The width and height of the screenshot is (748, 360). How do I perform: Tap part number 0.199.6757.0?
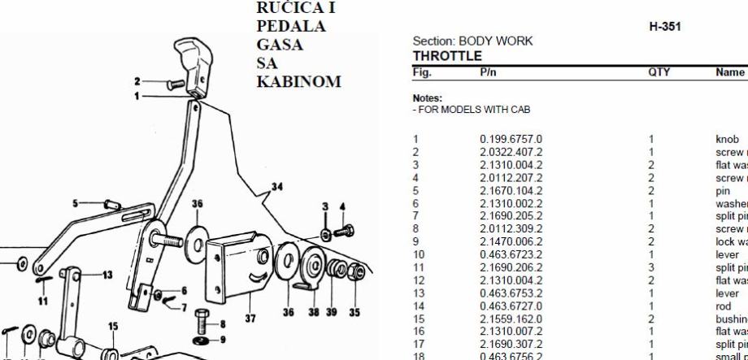click(x=511, y=139)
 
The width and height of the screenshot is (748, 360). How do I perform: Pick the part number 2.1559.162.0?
click(x=511, y=322)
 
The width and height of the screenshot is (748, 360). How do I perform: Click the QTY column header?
click(x=658, y=72)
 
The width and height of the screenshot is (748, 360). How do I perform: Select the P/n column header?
click(x=489, y=72)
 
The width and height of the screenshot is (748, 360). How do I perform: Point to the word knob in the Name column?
click(x=728, y=139)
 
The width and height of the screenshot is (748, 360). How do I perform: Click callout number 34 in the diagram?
click(x=277, y=188)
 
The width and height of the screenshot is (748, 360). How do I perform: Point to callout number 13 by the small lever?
click(x=107, y=274)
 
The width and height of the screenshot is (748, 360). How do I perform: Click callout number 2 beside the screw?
click(x=138, y=80)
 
